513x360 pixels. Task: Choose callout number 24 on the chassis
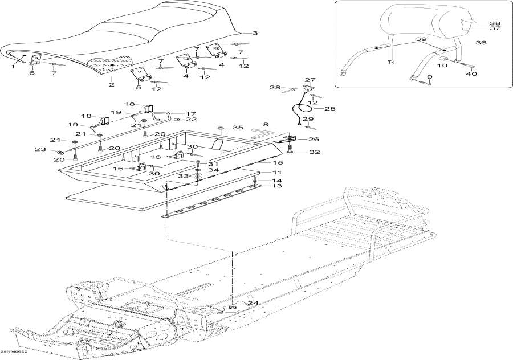click(244, 303)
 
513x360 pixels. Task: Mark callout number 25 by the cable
click(314, 108)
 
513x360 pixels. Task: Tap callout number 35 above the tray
click(238, 128)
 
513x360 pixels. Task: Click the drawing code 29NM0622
click(14, 352)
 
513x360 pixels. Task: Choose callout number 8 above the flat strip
click(265, 124)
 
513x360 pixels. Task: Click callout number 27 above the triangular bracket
click(310, 80)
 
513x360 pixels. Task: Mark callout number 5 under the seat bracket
click(139, 88)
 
